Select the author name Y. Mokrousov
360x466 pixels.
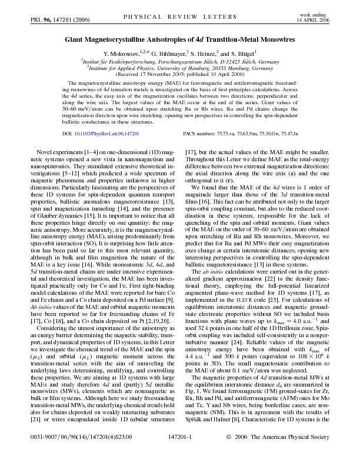point(123,53)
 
